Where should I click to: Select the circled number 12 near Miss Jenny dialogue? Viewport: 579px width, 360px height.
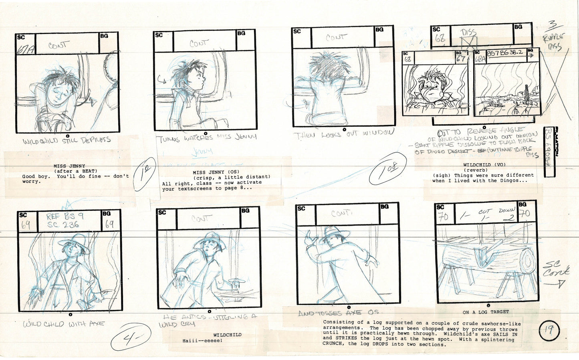[145, 174]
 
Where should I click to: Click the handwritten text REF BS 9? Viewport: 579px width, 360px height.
[65, 216]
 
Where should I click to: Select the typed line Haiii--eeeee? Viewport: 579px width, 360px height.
[202, 341]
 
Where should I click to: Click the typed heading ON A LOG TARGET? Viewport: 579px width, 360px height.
[486, 312]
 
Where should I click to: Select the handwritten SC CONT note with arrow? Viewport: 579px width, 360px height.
[556, 274]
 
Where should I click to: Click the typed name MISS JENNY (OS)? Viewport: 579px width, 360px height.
[216, 172]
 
